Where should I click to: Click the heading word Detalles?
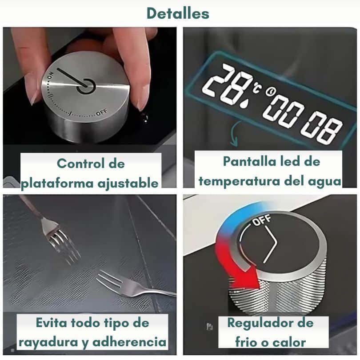click(x=178, y=13)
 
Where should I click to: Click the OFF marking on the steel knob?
click(x=101, y=112)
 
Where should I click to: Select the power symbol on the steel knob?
click(x=86, y=86)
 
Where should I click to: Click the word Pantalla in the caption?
click(x=249, y=161)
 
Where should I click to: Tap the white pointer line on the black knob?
click(x=271, y=244)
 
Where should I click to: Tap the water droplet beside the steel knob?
click(x=144, y=117)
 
